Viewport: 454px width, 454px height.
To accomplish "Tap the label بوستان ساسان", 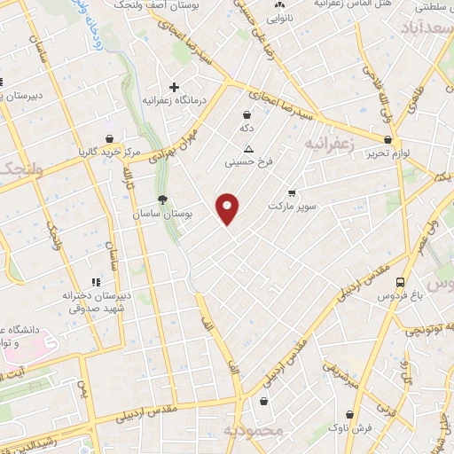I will click(161, 215).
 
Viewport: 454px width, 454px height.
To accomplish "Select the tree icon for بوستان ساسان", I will click(161, 200).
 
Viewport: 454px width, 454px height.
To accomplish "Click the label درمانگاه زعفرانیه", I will click(174, 101).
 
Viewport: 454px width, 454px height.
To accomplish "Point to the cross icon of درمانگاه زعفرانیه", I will click(175, 87).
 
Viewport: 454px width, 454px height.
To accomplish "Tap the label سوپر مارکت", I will click(293, 205).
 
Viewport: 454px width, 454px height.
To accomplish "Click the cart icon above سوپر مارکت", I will click(292, 192).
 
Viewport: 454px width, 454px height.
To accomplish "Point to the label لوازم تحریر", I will click(388, 153).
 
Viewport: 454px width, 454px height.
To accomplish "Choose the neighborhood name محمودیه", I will click(253, 431).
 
